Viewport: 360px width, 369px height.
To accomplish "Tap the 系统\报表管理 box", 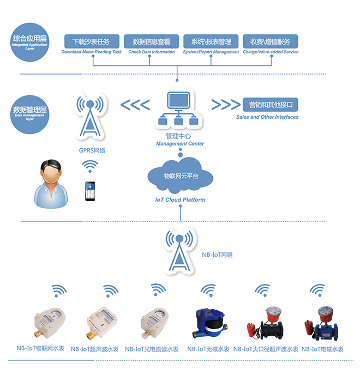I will tap(211, 41).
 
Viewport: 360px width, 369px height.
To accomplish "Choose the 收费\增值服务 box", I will tap(270, 41).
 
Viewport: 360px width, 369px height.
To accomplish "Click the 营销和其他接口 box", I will tap(271, 105).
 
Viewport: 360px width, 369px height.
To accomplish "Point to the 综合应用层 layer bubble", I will tap(30, 41).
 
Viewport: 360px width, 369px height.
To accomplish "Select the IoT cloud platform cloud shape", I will tap(181, 176).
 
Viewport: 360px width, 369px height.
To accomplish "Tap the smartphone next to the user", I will tap(89, 191).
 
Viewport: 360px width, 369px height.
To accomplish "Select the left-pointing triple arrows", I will tap(135, 105).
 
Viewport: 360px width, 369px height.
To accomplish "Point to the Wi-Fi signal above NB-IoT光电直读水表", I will tap(158, 289).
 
